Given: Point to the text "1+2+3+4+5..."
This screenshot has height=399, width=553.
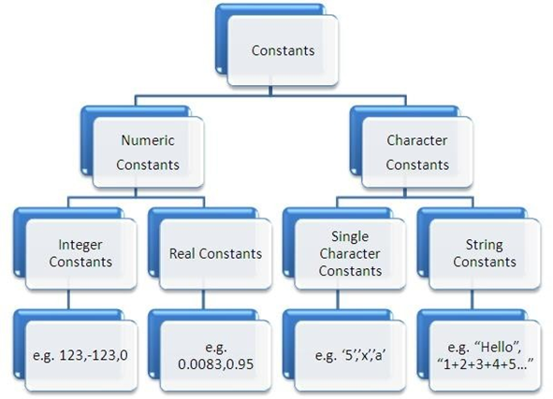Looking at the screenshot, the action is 485,364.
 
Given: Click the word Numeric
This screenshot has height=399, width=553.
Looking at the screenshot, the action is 148,140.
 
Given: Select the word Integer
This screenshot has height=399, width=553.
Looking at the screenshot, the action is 80,245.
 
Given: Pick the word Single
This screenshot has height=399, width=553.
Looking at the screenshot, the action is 350,236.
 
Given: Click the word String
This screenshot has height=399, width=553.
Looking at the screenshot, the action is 485,245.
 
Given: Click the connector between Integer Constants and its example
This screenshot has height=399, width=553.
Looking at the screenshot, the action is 68,299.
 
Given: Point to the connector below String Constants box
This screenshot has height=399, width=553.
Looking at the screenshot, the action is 473,299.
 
